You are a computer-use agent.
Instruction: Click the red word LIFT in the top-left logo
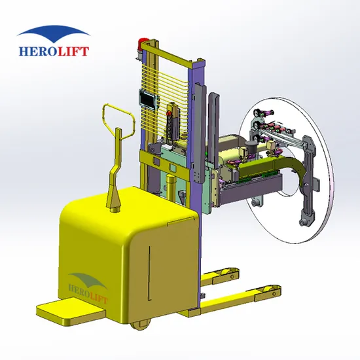tap(73, 51)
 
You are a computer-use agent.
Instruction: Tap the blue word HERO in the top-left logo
tap(38, 51)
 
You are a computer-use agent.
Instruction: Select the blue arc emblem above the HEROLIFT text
tap(53, 34)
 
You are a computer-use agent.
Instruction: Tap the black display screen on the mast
tap(148, 99)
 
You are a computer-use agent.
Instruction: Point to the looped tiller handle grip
tap(119, 122)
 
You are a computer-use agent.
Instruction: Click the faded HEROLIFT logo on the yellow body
tap(88, 288)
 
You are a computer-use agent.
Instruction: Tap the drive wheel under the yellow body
tap(141, 325)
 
